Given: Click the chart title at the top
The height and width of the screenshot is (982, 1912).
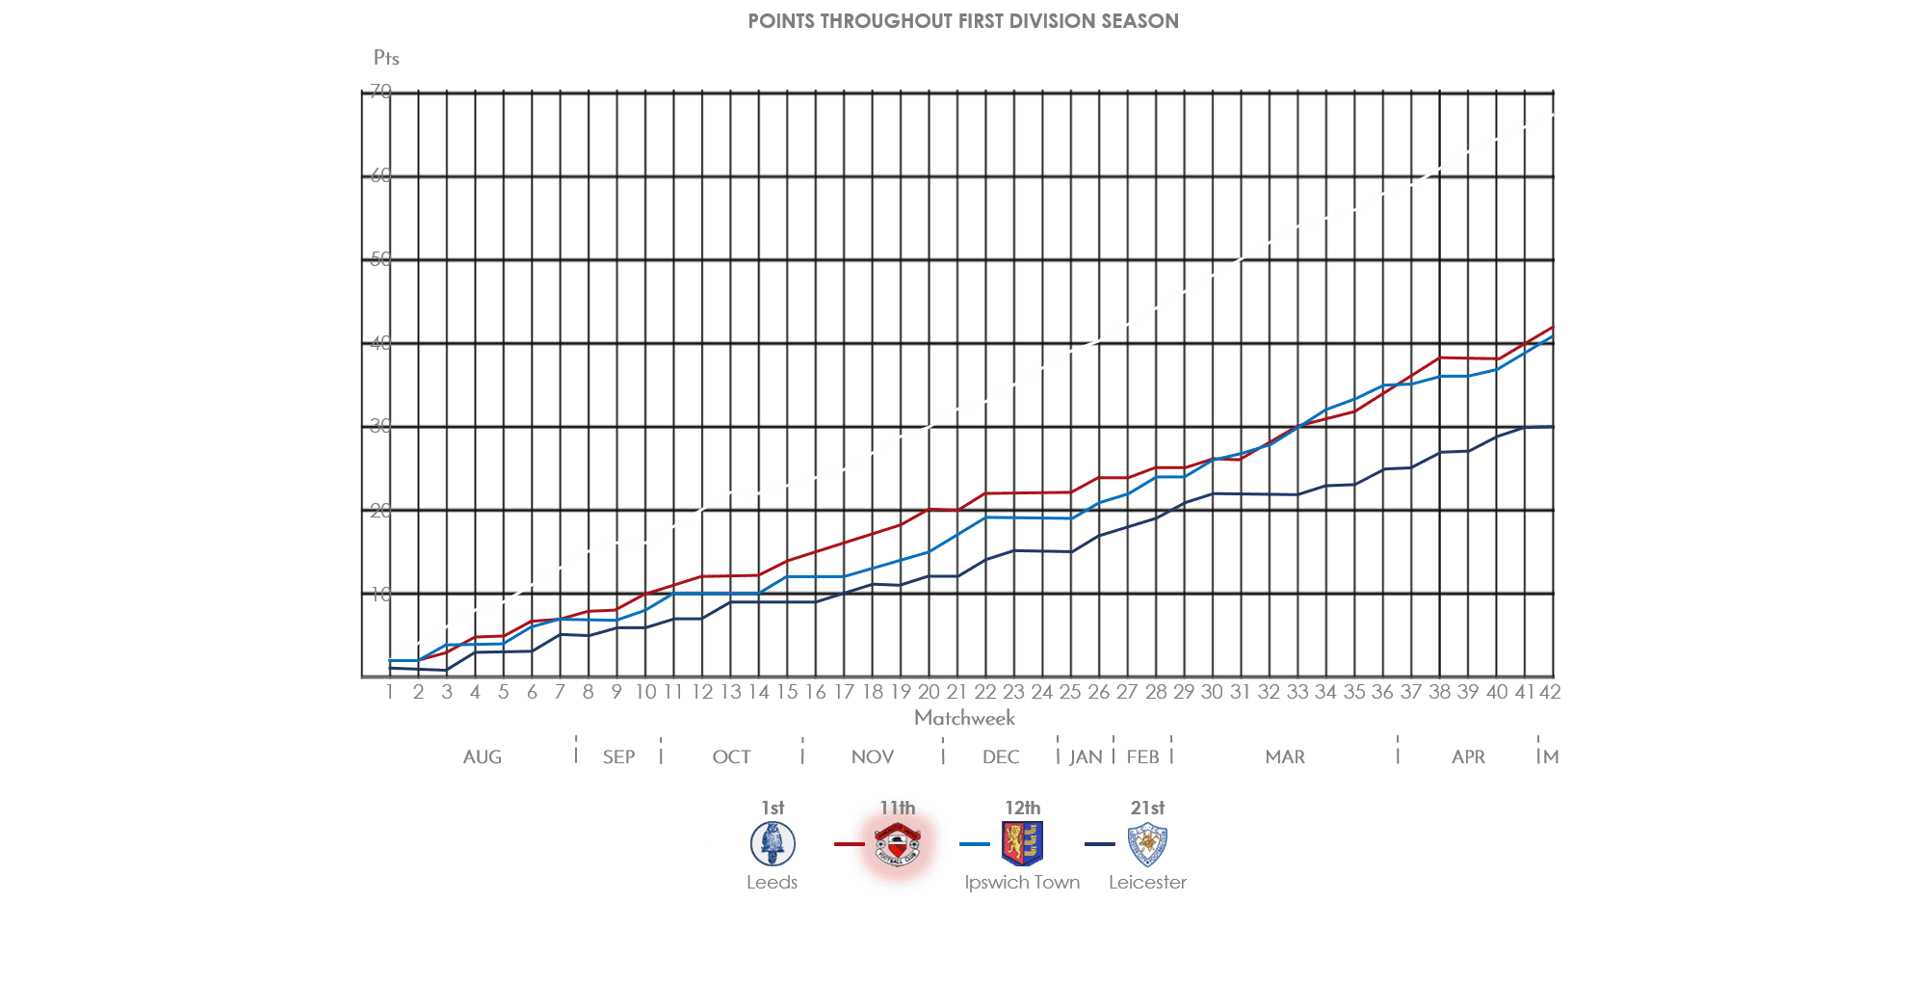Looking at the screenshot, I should click(x=962, y=21).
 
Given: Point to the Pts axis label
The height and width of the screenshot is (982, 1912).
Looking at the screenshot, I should click(x=386, y=58).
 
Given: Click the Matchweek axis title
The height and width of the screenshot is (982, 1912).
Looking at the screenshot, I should click(x=964, y=718).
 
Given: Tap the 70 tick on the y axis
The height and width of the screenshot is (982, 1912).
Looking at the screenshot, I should click(x=380, y=92).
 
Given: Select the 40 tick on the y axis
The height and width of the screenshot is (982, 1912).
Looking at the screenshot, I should click(x=380, y=343).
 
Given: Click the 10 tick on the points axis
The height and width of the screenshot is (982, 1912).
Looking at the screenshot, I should click(x=380, y=595).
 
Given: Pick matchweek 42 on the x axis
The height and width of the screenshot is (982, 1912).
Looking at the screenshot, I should click(x=1550, y=692).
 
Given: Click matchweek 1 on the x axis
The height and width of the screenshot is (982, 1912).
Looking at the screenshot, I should click(x=390, y=692).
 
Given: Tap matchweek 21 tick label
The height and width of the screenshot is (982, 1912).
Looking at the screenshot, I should click(x=956, y=692).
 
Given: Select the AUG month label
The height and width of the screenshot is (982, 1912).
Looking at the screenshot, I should click(x=482, y=757).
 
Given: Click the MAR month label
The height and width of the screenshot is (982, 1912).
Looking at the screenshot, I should click(x=1285, y=757).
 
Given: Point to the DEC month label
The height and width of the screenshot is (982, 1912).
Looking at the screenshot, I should click(x=1000, y=757).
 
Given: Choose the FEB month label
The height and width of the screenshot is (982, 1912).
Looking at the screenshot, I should click(x=1142, y=757).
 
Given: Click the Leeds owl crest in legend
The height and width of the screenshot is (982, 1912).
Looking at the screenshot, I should click(x=773, y=844).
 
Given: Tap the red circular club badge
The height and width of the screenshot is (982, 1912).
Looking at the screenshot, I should click(x=898, y=846).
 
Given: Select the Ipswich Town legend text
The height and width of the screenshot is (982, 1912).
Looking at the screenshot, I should click(x=1022, y=883).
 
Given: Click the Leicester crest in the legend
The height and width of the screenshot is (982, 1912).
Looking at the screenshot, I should click(x=1147, y=845).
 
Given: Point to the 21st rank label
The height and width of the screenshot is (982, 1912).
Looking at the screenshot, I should click(x=1147, y=808).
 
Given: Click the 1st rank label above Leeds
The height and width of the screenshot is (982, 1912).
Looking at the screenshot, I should click(x=773, y=808).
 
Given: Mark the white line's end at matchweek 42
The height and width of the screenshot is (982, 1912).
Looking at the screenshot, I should click(x=1552, y=116).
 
